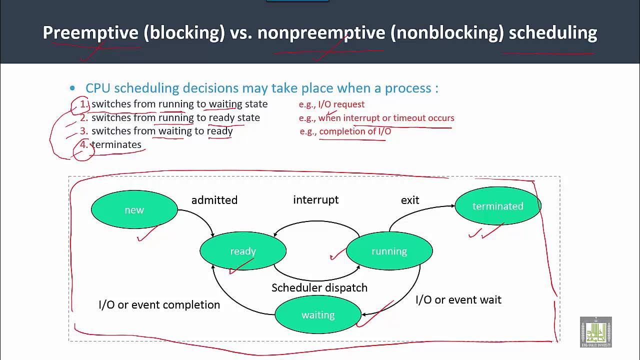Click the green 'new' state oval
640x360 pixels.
[134, 210]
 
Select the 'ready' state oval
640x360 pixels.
[243, 251]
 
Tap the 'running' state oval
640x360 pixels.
[389, 251]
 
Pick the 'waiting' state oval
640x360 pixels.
[318, 315]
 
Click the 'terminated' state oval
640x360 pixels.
[497, 206]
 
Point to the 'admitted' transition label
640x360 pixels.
[214, 200]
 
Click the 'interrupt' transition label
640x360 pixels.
[315, 199]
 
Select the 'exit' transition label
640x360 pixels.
[409, 200]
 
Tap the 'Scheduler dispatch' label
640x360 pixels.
[319, 287]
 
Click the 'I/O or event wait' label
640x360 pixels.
[458, 299]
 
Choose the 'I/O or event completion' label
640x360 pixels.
[159, 304]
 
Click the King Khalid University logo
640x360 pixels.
[595, 332]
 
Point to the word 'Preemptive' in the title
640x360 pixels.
[90, 32]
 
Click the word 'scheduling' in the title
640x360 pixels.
[552, 32]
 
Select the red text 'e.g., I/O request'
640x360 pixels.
[331, 104]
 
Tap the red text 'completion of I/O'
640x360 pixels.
[355, 131]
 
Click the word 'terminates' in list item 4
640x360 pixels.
[116, 144]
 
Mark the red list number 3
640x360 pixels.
[84, 131]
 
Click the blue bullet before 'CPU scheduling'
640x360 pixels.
[72, 88]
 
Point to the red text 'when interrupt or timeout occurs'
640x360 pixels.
[386, 118]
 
